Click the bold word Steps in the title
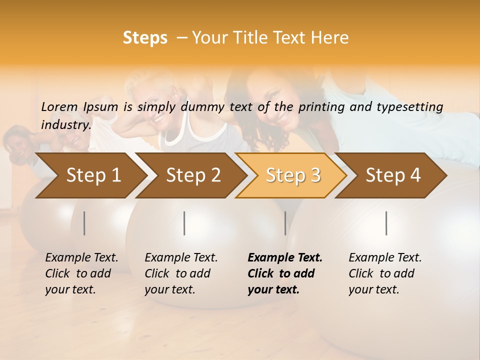tap(145, 38)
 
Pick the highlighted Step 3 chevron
tap(293, 175)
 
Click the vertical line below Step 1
tap(84, 223)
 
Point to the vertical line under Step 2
tap(184, 223)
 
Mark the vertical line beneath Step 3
tap(285, 223)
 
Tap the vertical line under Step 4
tap(386, 223)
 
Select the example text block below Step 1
tap(81, 273)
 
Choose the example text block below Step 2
tap(181, 273)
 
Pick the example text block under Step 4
tap(384, 273)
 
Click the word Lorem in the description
tap(59, 106)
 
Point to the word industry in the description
tap(66, 124)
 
